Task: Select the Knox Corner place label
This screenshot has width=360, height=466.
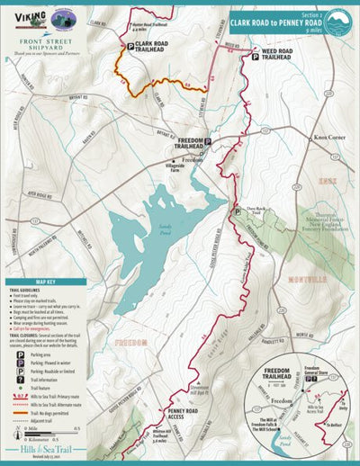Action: pyautogui.click(x=329, y=138)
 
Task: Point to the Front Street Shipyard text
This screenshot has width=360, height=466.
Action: pyautogui.click(x=45, y=41)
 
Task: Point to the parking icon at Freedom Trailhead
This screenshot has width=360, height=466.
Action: pyautogui.click(x=207, y=141)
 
